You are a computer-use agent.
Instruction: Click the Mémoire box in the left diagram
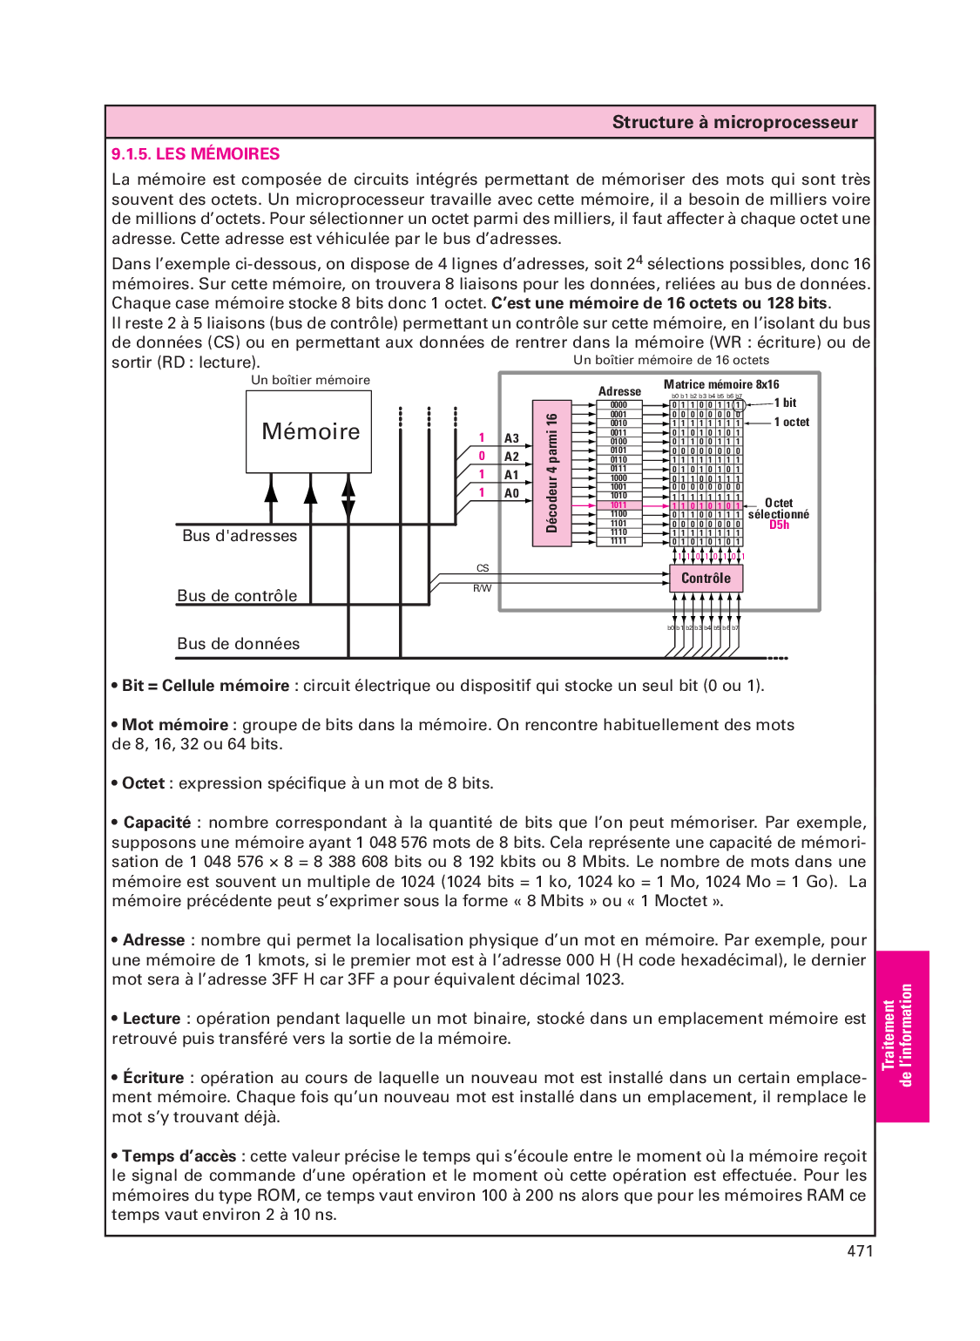click(309, 431)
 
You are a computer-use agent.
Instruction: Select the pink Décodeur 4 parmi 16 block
click(551, 473)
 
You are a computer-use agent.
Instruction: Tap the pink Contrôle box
click(706, 579)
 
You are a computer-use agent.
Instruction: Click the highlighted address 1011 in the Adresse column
click(618, 505)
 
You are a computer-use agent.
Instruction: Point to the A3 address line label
click(511, 438)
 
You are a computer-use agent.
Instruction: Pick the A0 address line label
click(511, 493)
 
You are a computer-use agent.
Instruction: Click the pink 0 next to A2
click(482, 456)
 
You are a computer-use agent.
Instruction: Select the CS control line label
click(483, 568)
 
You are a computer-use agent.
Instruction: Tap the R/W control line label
click(482, 588)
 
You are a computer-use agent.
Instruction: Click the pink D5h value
click(779, 525)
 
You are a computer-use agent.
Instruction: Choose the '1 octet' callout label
click(791, 422)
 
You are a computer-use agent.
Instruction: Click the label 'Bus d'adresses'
click(240, 536)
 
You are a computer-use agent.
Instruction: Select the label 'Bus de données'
click(238, 644)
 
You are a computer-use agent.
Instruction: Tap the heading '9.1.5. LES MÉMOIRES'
click(195, 154)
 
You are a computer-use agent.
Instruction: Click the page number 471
click(859, 1251)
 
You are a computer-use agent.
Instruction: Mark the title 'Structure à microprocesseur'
click(734, 122)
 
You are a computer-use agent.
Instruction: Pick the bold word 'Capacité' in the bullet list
click(157, 823)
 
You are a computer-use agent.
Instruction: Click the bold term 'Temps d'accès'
click(179, 1156)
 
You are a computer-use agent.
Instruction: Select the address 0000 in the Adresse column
click(618, 405)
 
